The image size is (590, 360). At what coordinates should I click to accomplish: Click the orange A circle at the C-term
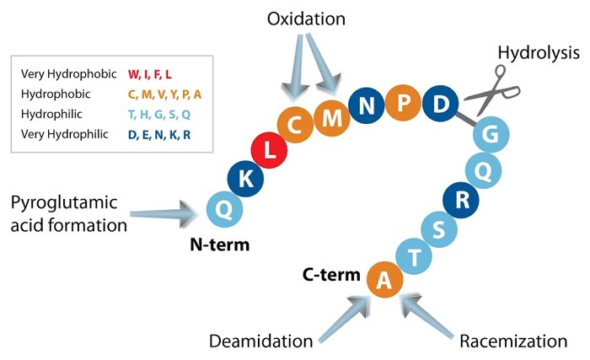click(384, 281)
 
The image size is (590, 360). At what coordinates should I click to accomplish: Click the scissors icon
click(486, 92)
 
